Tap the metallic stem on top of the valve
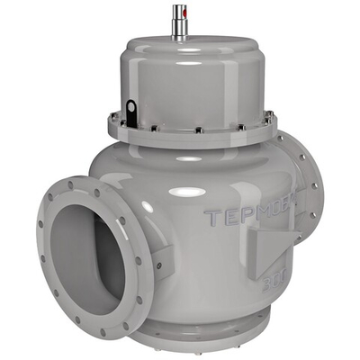pos(179,20)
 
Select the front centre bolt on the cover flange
pos(199,136)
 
